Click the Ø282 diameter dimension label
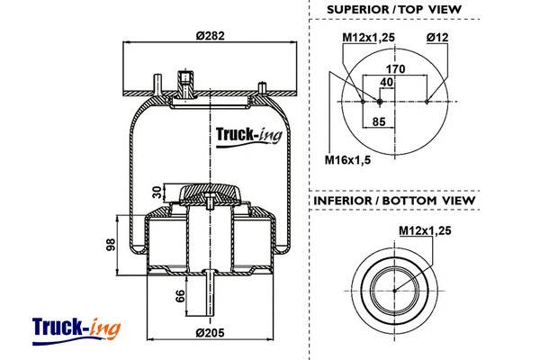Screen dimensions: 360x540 (210, 36)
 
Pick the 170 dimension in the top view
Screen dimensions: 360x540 (396, 67)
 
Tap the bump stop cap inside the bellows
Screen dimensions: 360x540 (209, 193)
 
